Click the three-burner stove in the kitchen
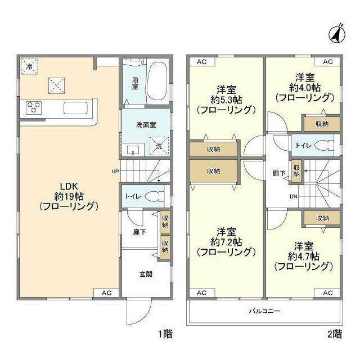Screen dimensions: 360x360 coord(33,107)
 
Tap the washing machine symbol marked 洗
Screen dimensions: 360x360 coord(159,145)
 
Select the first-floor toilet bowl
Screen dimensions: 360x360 coord(153,197)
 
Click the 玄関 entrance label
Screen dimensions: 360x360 coord(146,274)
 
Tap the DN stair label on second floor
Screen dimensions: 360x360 coord(293,196)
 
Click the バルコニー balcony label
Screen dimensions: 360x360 coord(264,310)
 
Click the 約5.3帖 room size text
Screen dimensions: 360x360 coord(226,100)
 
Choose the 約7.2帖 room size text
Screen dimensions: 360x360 coord(226,242)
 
